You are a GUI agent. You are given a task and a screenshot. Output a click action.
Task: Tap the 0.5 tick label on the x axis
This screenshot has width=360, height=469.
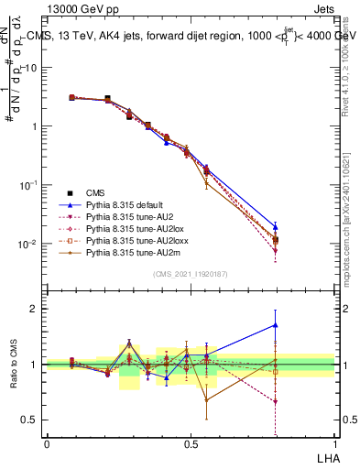[x=191, y=443]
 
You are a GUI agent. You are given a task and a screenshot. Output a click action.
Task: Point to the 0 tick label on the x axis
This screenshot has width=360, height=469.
[x=47, y=443]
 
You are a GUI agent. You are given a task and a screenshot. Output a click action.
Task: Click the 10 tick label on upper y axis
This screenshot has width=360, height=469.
[x=31, y=68]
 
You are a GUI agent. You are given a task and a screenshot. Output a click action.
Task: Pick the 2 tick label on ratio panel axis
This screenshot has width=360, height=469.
[x=37, y=309]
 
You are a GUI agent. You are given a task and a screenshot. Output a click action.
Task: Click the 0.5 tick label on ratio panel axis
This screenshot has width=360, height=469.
[x=31, y=420]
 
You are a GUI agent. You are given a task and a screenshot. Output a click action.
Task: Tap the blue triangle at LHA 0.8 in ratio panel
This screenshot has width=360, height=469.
[x=276, y=324]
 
